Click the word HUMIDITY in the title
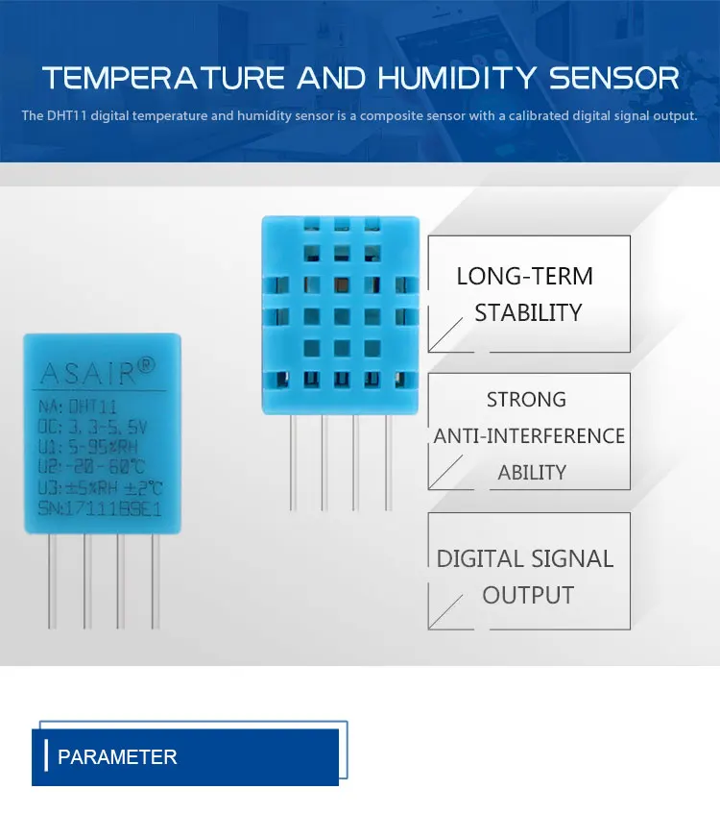coord(442,78)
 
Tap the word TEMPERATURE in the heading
coord(164,78)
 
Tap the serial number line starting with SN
coord(99,507)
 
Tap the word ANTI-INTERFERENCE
coord(529,436)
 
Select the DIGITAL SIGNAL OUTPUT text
coord(526,577)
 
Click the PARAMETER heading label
coord(117,757)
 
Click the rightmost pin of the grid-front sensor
coord(388,461)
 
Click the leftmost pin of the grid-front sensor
coord(292,461)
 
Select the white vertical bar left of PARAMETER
coord(46,756)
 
